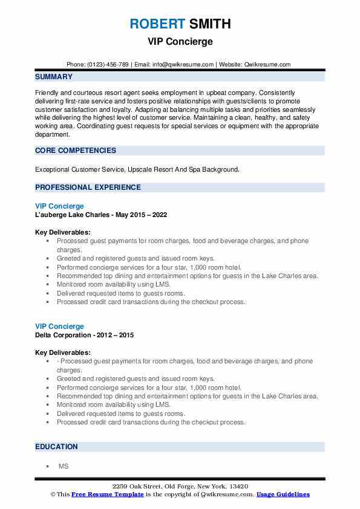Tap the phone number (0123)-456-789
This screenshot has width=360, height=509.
(108, 65)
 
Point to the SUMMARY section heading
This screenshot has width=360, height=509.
(54, 77)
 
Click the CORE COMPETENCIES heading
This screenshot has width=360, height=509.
(76, 151)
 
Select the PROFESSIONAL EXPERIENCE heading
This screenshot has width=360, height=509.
(88, 187)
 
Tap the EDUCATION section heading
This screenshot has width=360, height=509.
(56, 447)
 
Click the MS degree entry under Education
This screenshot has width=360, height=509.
(63, 467)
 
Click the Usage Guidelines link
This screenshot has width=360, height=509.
(283, 494)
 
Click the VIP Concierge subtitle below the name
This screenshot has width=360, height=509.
(180, 42)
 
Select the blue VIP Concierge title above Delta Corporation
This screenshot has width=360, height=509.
(59, 326)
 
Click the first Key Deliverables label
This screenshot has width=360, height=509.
(63, 232)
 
